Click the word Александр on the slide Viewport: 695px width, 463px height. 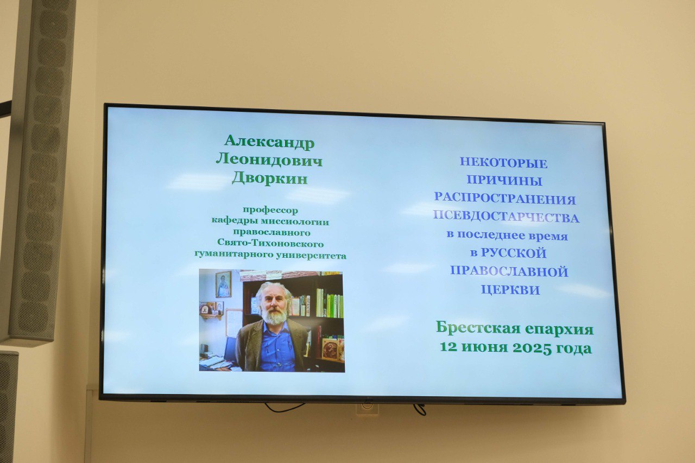269,142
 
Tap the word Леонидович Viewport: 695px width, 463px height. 269,161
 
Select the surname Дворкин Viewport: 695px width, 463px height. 270,179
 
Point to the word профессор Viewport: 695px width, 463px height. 270,210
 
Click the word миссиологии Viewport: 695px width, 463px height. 295,222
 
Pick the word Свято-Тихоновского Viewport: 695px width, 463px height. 270,243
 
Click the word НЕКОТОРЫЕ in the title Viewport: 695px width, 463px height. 503,163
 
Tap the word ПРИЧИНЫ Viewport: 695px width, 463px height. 504,180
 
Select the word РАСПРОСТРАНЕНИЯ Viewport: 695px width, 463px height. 505,199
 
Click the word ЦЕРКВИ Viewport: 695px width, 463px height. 510,290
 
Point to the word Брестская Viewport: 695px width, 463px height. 478,328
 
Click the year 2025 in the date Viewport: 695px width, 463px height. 532,347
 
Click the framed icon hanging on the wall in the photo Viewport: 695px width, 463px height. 223,284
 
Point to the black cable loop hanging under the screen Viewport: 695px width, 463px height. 285,408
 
